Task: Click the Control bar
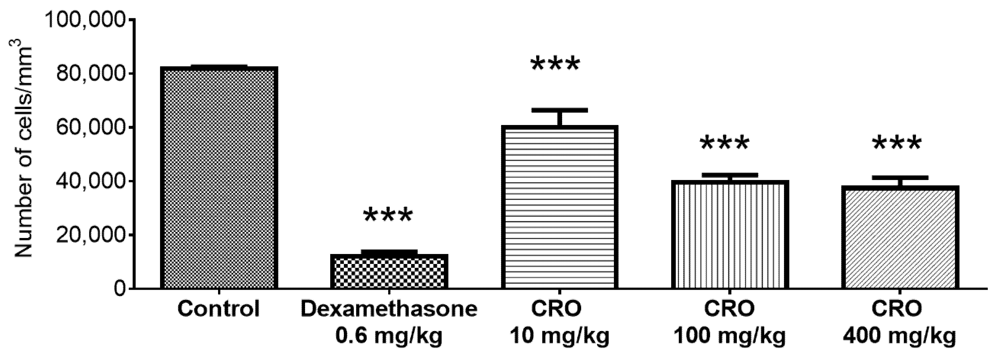(x=219, y=177)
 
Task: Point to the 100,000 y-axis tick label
(x=86, y=20)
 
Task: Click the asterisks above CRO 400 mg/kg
(x=897, y=143)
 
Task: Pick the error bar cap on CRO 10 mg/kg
(x=559, y=110)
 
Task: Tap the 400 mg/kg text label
(x=899, y=336)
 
